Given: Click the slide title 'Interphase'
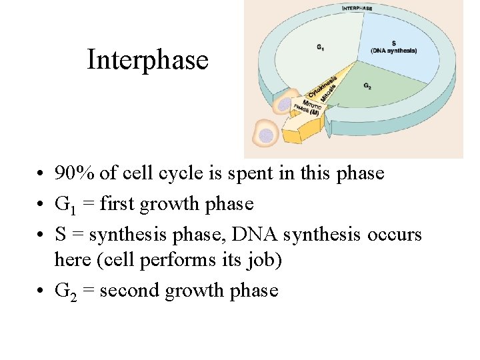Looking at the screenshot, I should tap(147, 60).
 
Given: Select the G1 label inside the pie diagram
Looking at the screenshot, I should tap(321, 47).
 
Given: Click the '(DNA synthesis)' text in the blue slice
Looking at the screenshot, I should tap(393, 51).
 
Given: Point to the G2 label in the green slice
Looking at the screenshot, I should tap(368, 86).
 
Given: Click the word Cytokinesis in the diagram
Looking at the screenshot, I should tap(322, 87).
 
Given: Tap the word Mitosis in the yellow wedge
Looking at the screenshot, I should tap(329, 93).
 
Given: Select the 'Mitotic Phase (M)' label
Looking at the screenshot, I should tap(305, 107).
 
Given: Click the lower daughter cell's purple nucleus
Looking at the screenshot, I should tap(266, 136).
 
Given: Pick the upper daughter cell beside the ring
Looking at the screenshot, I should tap(285, 105).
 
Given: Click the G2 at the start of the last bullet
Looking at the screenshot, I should tap(64, 291).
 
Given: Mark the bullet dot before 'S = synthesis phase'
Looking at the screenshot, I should tap(41, 235).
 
